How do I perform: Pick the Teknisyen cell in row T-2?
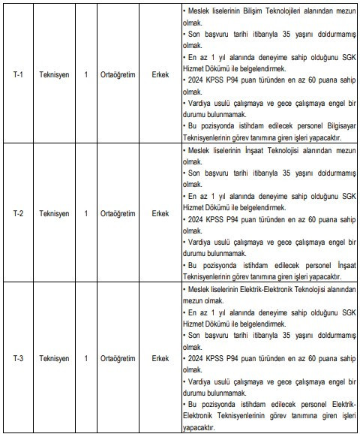coord(54,213)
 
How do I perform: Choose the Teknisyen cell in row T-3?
coord(54,357)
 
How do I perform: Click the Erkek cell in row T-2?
coord(160,213)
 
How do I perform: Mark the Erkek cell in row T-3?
coord(160,357)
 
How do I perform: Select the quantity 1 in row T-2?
coord(86,213)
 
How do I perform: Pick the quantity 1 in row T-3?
coord(86,357)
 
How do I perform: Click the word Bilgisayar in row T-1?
coord(338,126)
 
